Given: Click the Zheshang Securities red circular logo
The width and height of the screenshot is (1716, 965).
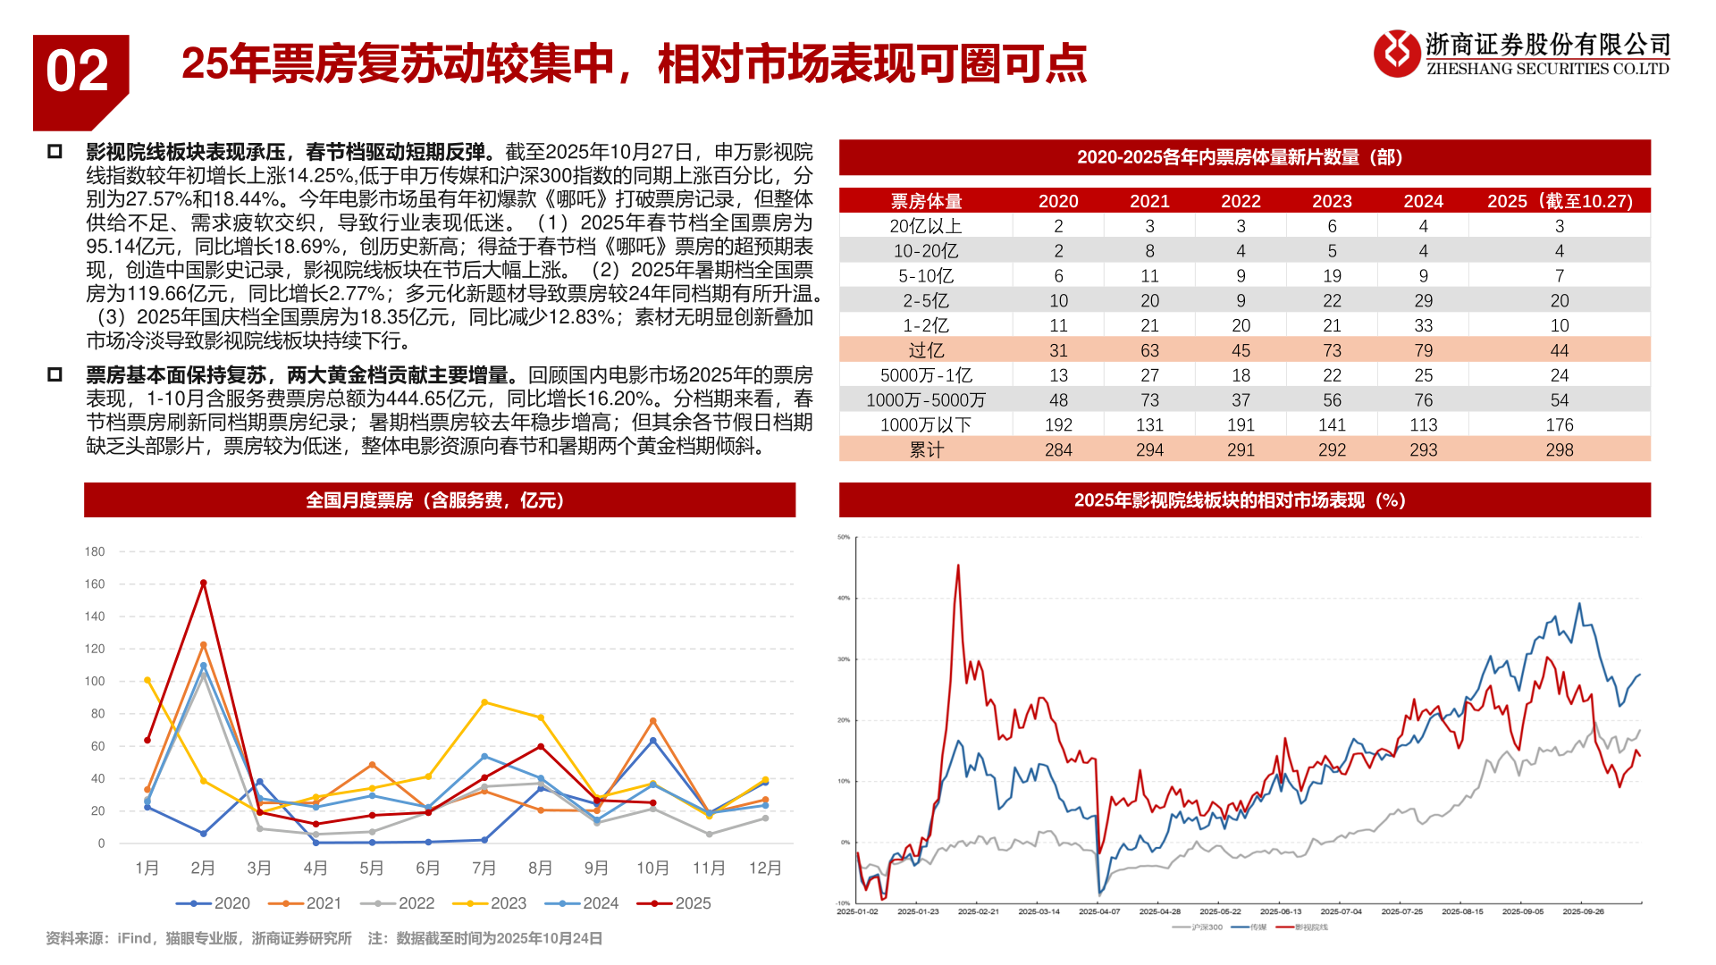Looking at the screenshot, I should (x=1396, y=53).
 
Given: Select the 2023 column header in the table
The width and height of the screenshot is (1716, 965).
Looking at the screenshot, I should (x=1332, y=201).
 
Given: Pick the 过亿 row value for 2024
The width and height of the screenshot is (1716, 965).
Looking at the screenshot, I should (x=1423, y=350).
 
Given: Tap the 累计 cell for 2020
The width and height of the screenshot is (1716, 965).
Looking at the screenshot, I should (x=1058, y=449).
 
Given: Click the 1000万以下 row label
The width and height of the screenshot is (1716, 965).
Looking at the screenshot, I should (x=925, y=424).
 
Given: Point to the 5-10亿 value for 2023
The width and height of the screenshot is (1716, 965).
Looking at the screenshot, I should (x=1332, y=276).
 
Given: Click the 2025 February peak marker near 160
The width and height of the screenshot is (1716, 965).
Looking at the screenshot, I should (x=204, y=583).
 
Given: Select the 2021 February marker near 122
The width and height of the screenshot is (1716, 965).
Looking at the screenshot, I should (x=204, y=645).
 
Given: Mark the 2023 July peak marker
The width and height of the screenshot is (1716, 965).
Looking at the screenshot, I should (x=484, y=702).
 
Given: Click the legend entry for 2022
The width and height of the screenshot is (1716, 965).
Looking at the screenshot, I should (x=398, y=903).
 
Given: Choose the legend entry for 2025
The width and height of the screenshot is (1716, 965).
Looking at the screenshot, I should (x=675, y=903).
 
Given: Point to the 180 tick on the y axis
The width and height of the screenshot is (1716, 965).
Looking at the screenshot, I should (x=95, y=551).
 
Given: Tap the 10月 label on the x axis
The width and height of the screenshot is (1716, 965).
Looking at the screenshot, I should (x=652, y=868).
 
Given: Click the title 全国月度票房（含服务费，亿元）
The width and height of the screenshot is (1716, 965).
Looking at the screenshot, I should (x=439, y=500).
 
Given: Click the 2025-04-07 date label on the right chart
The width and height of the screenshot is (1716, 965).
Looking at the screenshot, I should (x=1099, y=911).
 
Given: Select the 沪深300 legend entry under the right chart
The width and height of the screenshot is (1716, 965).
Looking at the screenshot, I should (x=1199, y=927).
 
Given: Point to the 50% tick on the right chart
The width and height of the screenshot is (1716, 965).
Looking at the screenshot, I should (x=844, y=537).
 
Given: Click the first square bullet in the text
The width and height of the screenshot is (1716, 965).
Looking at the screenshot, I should (x=55, y=152).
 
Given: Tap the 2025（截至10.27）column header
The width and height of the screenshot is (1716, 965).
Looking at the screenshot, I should (x=1559, y=201).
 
